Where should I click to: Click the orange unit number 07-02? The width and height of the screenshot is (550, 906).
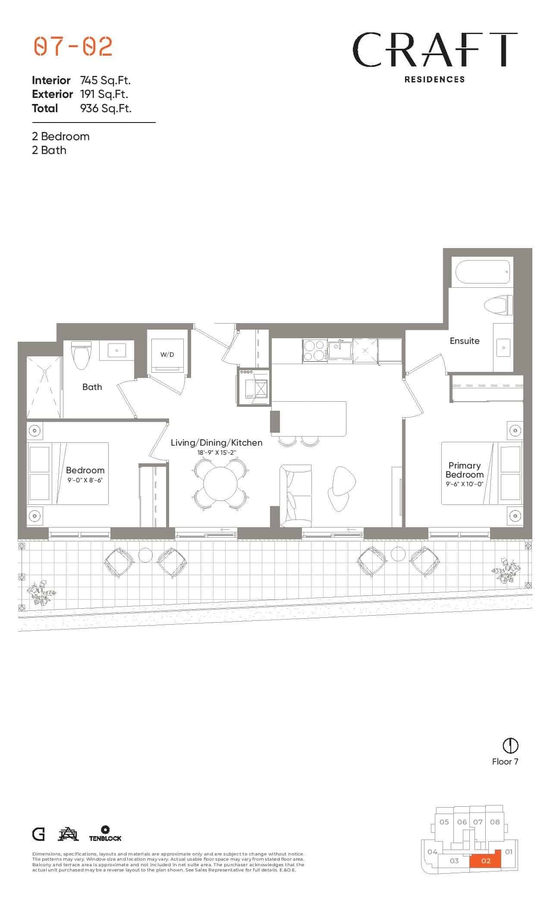(73, 47)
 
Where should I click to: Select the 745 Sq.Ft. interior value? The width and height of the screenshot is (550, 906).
(105, 80)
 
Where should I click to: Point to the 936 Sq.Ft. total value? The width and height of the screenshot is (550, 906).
(106, 108)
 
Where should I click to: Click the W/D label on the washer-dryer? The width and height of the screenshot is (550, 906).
(167, 355)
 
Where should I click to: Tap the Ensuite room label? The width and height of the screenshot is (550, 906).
(465, 341)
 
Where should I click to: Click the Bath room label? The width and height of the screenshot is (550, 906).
(92, 387)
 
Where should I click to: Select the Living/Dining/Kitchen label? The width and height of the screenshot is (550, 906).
(217, 443)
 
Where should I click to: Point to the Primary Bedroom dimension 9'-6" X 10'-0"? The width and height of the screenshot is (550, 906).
(464, 484)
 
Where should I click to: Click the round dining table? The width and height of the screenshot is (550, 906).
(220, 483)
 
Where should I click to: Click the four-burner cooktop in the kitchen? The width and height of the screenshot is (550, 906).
(314, 350)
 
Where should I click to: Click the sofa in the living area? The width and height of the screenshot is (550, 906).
(295, 496)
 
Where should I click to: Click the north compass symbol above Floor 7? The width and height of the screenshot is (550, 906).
(511, 745)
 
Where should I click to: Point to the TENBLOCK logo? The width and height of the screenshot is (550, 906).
(105, 834)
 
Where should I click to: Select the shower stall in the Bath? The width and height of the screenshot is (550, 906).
(45, 387)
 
